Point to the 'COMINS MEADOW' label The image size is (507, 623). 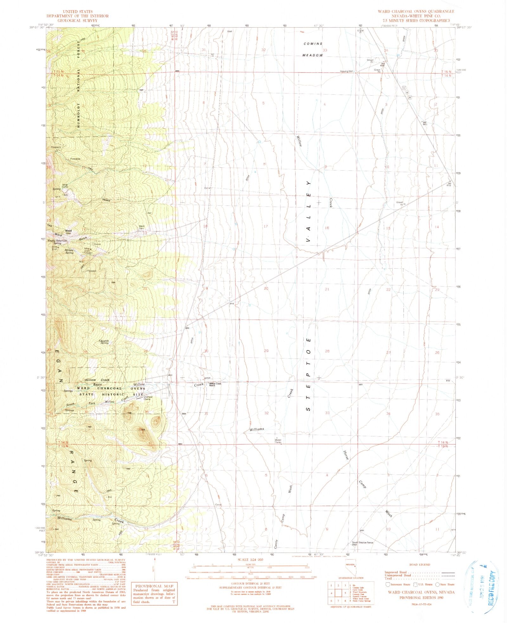point(313,49)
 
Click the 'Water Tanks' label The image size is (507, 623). point(278,441)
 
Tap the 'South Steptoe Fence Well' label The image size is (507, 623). point(363,543)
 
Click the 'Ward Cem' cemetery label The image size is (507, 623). point(141,227)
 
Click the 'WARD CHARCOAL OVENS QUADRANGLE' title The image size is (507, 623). point(416,11)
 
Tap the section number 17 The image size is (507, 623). point(266,226)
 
